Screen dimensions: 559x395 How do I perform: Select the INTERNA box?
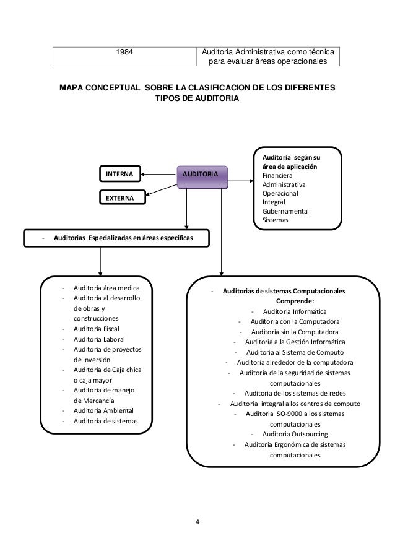click(122, 175)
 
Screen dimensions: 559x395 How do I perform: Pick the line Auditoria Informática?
click(295, 311)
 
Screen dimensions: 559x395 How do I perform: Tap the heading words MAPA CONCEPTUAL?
click(100, 89)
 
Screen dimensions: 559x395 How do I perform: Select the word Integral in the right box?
click(274, 202)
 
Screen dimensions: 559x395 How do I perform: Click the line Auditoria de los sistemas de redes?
click(295, 394)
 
